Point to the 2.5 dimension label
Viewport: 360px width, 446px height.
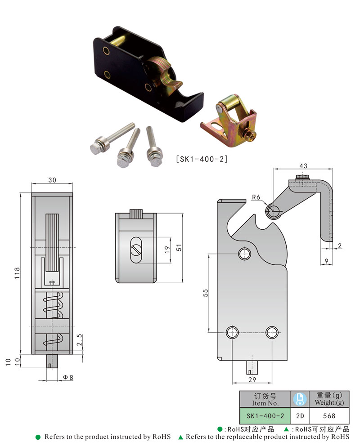[79, 343]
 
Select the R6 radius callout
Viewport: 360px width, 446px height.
[256, 197]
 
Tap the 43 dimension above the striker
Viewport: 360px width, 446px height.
[303, 166]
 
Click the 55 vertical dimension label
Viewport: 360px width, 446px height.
[205, 293]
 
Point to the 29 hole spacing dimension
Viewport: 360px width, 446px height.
[252, 380]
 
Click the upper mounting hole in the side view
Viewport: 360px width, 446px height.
[245, 254]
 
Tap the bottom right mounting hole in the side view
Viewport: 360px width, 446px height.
[271, 332]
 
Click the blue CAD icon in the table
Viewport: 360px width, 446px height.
[300, 399]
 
